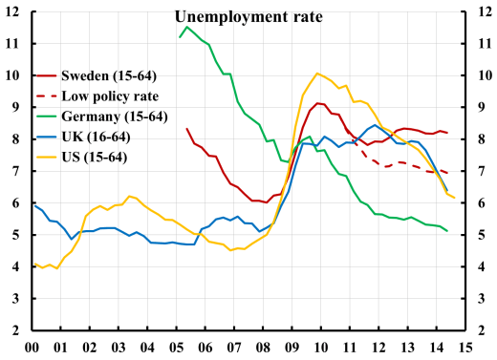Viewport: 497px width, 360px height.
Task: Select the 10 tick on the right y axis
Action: pos(484,75)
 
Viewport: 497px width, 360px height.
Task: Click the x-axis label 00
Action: pos(32,348)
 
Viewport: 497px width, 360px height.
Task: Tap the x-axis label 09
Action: pos(292,348)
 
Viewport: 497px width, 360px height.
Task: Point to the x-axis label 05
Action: pos(177,348)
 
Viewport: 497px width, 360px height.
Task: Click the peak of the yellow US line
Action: pos(317,73)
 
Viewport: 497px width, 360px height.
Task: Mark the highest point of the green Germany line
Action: pos(185,27)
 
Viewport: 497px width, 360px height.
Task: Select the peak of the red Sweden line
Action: pos(318,103)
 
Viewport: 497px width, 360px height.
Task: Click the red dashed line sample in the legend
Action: pos(45,95)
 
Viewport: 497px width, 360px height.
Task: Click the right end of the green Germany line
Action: pos(447,230)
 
